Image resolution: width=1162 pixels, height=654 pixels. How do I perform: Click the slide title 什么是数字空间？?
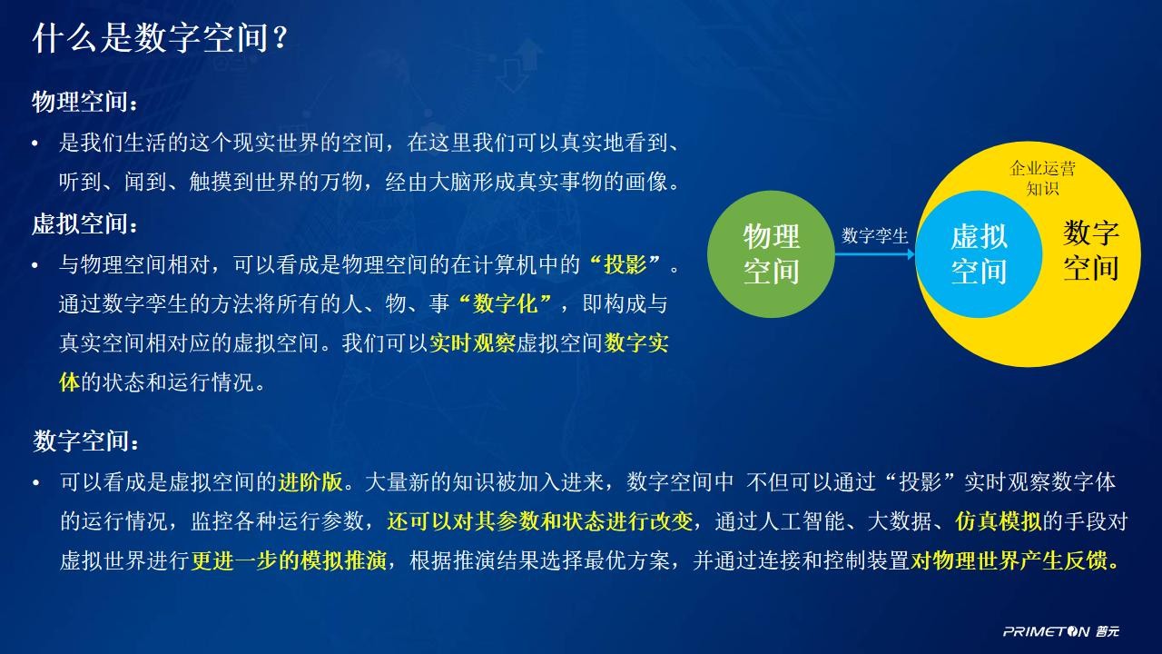pos(160,38)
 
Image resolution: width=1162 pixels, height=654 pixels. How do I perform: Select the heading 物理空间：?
pos(85,101)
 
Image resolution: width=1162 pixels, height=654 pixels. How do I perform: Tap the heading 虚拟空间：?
pos(85,224)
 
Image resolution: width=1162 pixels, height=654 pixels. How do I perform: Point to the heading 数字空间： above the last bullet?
pos(86,441)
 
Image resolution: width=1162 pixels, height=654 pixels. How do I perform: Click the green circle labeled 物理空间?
pos(771,253)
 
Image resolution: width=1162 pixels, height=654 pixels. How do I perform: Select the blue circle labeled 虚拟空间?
pos(979,253)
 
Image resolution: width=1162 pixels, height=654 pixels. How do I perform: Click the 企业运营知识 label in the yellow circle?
pos(1043,178)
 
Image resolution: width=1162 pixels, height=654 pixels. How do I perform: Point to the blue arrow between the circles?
pos(874,254)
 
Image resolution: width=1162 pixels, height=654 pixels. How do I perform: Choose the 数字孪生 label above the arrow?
pos(874,236)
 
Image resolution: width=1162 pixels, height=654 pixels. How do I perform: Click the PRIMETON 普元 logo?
pos(1061,631)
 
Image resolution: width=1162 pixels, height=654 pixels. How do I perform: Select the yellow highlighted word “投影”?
pos(625,264)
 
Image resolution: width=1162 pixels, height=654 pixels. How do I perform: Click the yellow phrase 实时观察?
pos(472,343)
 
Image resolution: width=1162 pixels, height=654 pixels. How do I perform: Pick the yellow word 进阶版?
pos(310,482)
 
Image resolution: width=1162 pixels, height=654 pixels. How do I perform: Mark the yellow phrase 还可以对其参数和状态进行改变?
pos(539,521)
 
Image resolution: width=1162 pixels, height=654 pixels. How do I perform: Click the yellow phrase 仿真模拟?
pos(998,521)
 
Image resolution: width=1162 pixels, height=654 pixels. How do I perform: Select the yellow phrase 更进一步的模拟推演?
pos(289,560)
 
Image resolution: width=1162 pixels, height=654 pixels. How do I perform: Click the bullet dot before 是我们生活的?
pos(35,144)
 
